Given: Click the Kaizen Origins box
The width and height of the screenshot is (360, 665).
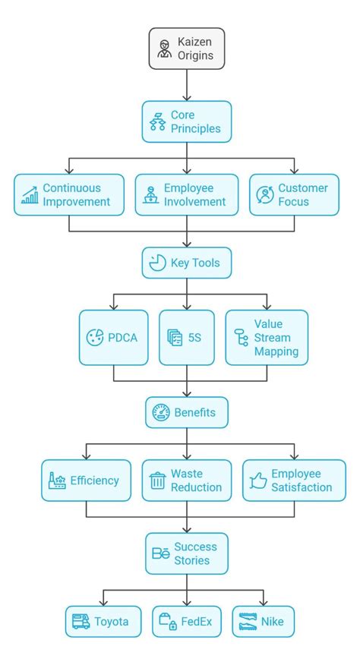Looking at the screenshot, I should pyautogui.click(x=187, y=49).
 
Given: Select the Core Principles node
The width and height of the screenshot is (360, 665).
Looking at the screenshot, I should pyautogui.click(x=187, y=121).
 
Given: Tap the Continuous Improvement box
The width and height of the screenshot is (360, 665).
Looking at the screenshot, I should pyautogui.click(x=69, y=195).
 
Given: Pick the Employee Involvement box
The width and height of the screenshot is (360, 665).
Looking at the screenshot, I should pyautogui.click(x=187, y=195).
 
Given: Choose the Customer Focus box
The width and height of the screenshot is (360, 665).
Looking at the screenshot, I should pyautogui.click(x=294, y=195).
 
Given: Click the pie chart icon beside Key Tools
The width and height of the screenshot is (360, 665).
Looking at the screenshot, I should pyautogui.click(x=158, y=263).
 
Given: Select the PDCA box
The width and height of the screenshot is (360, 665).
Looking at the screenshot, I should pyautogui.click(x=114, y=337).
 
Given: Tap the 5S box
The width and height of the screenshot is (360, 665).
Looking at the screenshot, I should pyautogui.click(x=187, y=337).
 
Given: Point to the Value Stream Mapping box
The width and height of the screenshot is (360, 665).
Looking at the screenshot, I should pyautogui.click(x=267, y=337).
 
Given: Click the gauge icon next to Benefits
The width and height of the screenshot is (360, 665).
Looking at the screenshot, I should pyautogui.click(x=161, y=412).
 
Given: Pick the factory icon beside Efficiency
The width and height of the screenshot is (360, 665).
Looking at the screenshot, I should pyautogui.click(x=57, y=481).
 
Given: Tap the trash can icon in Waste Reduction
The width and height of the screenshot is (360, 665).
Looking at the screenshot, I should pyautogui.click(x=158, y=481).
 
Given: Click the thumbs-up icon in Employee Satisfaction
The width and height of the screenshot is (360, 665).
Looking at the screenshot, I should pyautogui.click(x=258, y=481).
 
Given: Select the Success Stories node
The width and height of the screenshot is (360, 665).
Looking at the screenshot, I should pyautogui.click(x=187, y=553).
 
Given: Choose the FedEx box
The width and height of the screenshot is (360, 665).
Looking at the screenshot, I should pyautogui.click(x=187, y=622).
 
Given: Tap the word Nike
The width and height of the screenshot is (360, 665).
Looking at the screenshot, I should pyautogui.click(x=272, y=622).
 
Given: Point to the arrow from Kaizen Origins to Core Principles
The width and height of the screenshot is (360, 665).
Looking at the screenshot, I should pyautogui.click(x=187, y=85).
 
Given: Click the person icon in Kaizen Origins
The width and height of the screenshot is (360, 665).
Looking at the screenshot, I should pyautogui.click(x=163, y=49).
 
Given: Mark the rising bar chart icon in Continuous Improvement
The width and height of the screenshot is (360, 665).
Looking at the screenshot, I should pyautogui.click(x=30, y=196).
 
